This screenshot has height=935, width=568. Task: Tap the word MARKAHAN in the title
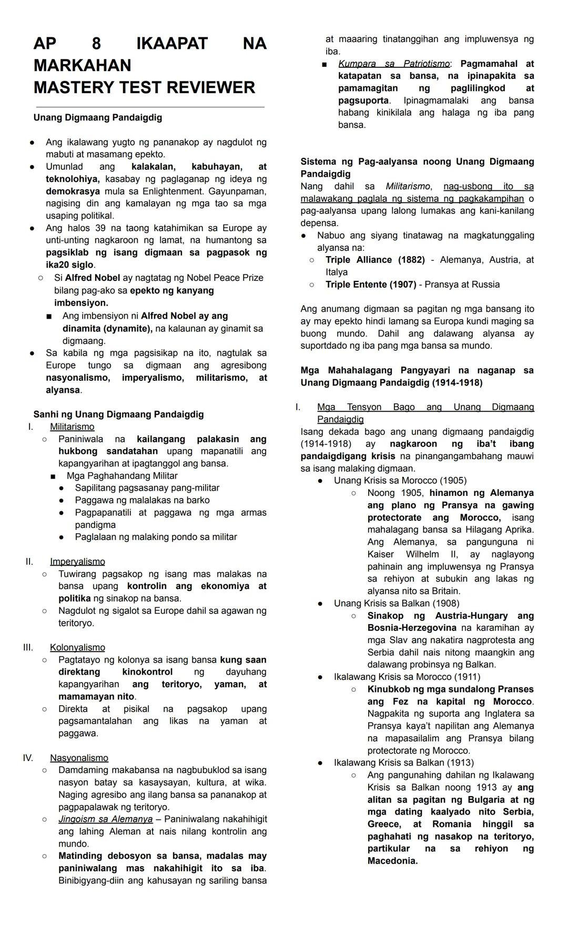(x=82, y=65)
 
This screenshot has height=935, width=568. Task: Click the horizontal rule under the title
(x=149, y=107)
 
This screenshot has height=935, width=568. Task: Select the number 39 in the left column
(x=100, y=228)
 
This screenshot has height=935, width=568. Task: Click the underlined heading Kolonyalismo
(x=77, y=647)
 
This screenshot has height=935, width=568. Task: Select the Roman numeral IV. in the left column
(x=28, y=758)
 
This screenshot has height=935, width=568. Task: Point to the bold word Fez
(x=400, y=702)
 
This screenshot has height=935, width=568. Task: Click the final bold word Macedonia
(x=392, y=861)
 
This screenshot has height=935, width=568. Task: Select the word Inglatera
(x=500, y=714)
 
